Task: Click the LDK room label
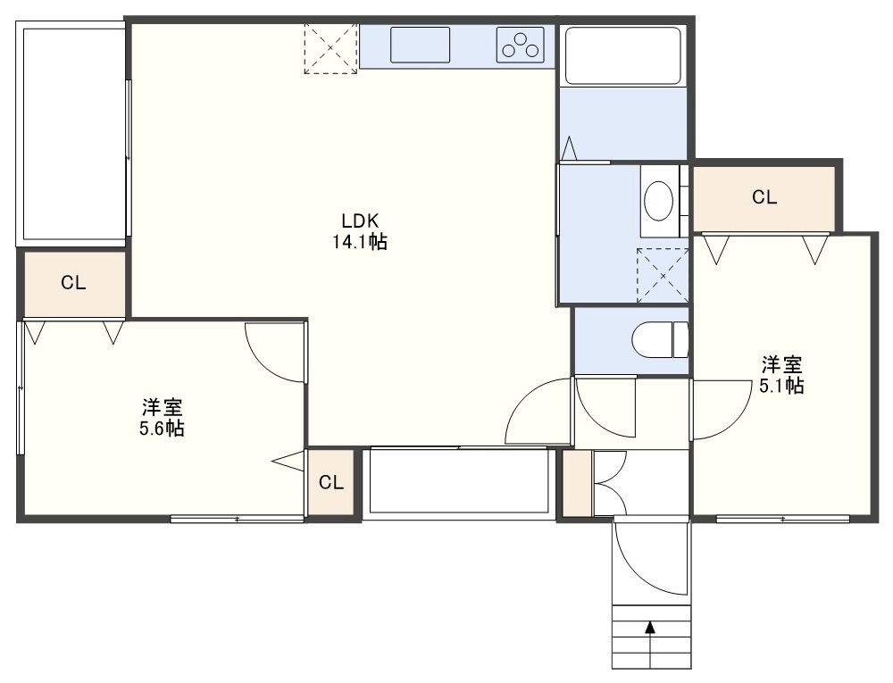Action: [x=360, y=221]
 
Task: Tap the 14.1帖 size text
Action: [x=360, y=242]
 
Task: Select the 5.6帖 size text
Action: [x=162, y=428]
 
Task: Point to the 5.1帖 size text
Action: [x=781, y=386]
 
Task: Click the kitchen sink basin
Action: [x=421, y=45]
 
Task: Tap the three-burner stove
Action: [x=520, y=45]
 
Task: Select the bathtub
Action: [x=623, y=55]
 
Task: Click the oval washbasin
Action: [x=658, y=201]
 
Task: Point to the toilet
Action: [x=661, y=340]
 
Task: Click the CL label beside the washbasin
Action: [x=764, y=197]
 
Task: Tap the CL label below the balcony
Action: [x=73, y=283]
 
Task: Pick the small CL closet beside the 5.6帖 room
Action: [x=331, y=483]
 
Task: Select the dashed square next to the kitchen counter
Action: [x=331, y=48]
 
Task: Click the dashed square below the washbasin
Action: [x=663, y=276]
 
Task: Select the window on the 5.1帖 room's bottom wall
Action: [x=782, y=519]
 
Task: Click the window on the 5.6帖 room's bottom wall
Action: [x=237, y=519]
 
